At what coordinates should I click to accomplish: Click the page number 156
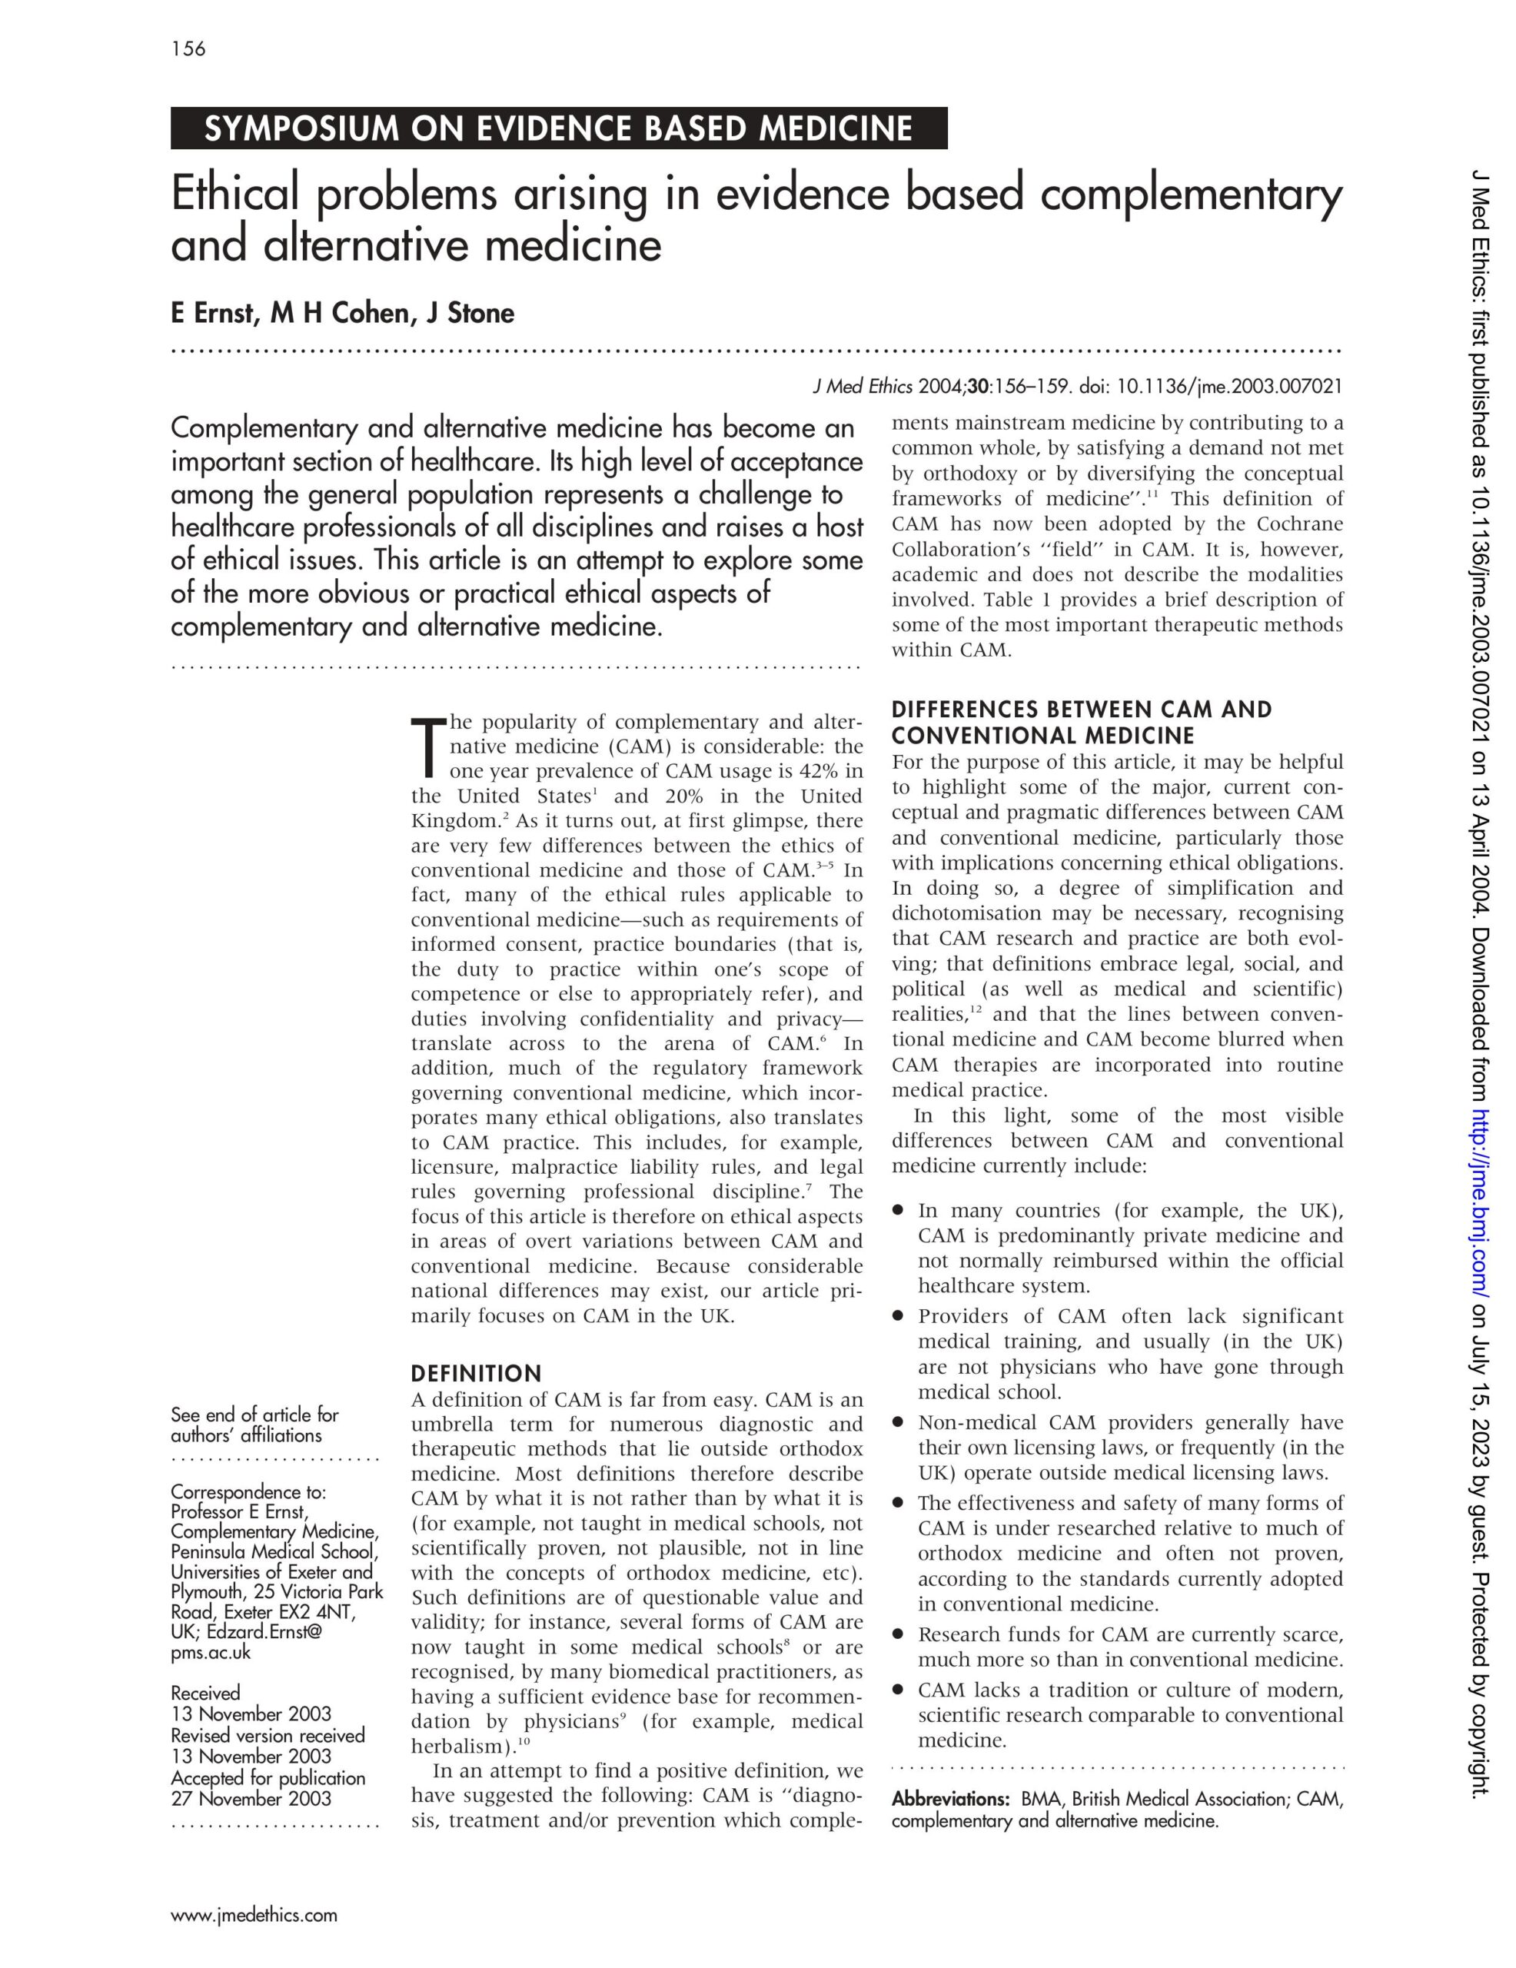[x=188, y=48]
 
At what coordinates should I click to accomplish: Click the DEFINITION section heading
[x=476, y=1373]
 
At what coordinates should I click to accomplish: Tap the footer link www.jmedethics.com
[x=254, y=1915]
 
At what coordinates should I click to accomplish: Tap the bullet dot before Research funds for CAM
[x=898, y=1634]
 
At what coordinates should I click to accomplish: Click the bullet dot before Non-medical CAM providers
[x=898, y=1423]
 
